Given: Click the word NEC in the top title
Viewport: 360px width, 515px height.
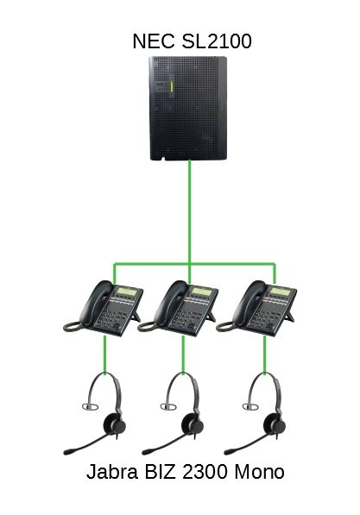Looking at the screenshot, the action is pyautogui.click(x=154, y=41).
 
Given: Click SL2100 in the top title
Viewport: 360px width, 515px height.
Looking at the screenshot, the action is pyautogui.click(x=217, y=41).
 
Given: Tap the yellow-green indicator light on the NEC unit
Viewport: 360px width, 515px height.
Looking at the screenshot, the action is pyautogui.click(x=172, y=88).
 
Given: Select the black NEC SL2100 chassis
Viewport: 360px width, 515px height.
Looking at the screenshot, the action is pyautogui.click(x=188, y=109).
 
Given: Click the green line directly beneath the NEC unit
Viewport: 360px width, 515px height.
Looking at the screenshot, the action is pyautogui.click(x=189, y=212).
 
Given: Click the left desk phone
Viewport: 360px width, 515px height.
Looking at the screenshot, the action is pyautogui.click(x=103, y=308).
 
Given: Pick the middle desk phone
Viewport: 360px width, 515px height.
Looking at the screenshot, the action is pyautogui.click(x=178, y=308).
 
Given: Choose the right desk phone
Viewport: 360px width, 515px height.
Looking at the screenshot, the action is pyautogui.click(x=256, y=308).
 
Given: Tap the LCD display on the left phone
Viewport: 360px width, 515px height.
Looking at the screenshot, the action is pyautogui.click(x=127, y=292).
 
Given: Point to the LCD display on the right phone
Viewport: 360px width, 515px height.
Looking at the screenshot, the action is pyautogui.click(x=281, y=292).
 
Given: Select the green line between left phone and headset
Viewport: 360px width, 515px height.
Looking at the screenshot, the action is pyautogui.click(x=104, y=355).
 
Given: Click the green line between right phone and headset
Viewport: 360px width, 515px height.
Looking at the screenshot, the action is pyautogui.click(x=265, y=355).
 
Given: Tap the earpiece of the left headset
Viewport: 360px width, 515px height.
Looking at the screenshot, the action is pyautogui.click(x=114, y=424).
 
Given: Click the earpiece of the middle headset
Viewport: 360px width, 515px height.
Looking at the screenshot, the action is pyautogui.click(x=193, y=424).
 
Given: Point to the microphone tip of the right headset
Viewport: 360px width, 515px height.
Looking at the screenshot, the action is pyautogui.click(x=229, y=451).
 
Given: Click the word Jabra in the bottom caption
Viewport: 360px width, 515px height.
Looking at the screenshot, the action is pyautogui.click(x=112, y=472).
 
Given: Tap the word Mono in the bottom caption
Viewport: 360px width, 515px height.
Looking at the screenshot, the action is pyautogui.click(x=259, y=472).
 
